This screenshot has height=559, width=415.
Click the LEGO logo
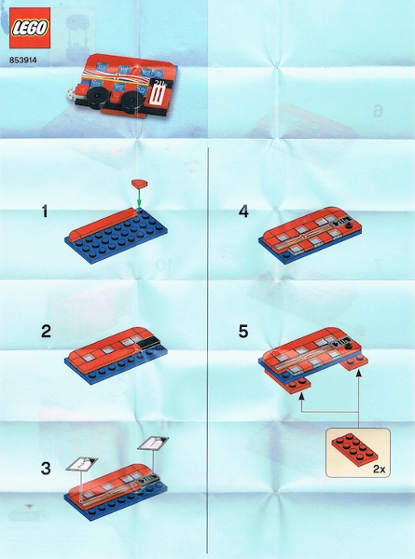[x=30, y=28]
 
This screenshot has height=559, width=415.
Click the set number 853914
[x=23, y=61]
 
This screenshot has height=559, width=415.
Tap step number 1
[x=45, y=211]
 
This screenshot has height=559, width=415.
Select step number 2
[x=46, y=332]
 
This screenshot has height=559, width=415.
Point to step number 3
[x=46, y=469]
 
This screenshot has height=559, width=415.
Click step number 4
[x=243, y=211]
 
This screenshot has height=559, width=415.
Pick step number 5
[x=243, y=332]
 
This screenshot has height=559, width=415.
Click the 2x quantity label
[x=380, y=470]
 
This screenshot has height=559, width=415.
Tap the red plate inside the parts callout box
[x=354, y=447]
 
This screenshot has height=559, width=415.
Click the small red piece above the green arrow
[x=140, y=184]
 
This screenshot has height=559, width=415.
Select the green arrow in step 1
[x=139, y=198]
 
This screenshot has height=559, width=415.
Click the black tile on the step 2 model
[x=147, y=342]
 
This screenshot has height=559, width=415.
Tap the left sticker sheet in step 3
[x=82, y=463]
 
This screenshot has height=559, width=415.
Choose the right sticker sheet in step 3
[x=153, y=443]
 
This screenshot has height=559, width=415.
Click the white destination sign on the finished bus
[x=158, y=96]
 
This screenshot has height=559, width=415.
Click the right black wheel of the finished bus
[x=132, y=101]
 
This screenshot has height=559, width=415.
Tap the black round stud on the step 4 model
[x=350, y=226]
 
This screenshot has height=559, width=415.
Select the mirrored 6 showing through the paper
[x=378, y=111]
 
